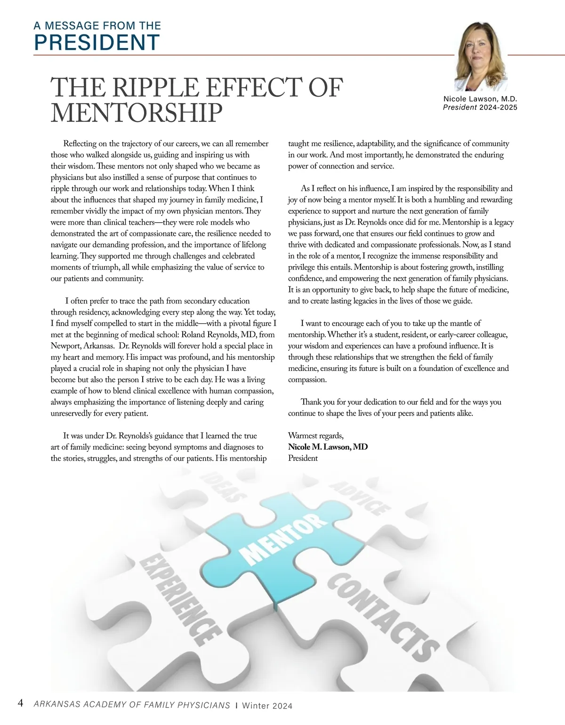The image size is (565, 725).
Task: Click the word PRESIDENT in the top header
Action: [97, 42]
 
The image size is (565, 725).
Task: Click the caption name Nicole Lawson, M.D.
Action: [480, 99]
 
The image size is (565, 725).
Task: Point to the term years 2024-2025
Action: [498, 107]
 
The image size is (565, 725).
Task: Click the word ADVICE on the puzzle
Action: [360, 498]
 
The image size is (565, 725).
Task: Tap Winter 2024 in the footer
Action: [267, 706]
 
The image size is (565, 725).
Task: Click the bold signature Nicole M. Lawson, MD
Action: [328, 447]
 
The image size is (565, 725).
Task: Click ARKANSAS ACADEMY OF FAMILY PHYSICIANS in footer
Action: [132, 705]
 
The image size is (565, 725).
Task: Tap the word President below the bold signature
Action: [303, 458]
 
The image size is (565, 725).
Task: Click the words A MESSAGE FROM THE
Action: [97, 25]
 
